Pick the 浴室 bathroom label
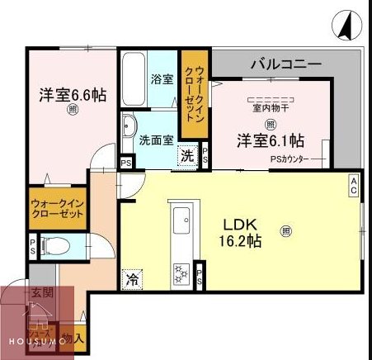coord(161,80)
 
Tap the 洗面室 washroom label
coord(156,140)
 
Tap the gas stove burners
coord(181,271)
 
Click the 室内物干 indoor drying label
coord(270,106)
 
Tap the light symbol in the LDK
coord(285,231)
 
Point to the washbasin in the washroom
coord(129,128)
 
